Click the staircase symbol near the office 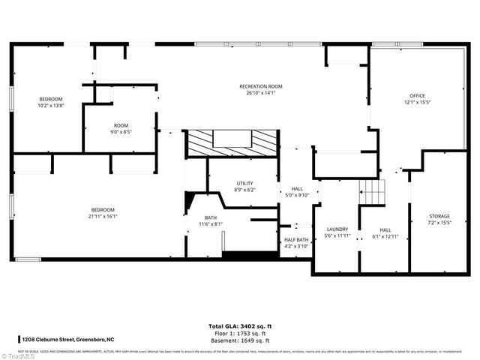point(371,190)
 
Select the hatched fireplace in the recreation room point(232,142)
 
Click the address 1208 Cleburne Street point(65,340)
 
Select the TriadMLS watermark point(16,354)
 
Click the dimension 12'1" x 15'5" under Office point(417,103)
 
